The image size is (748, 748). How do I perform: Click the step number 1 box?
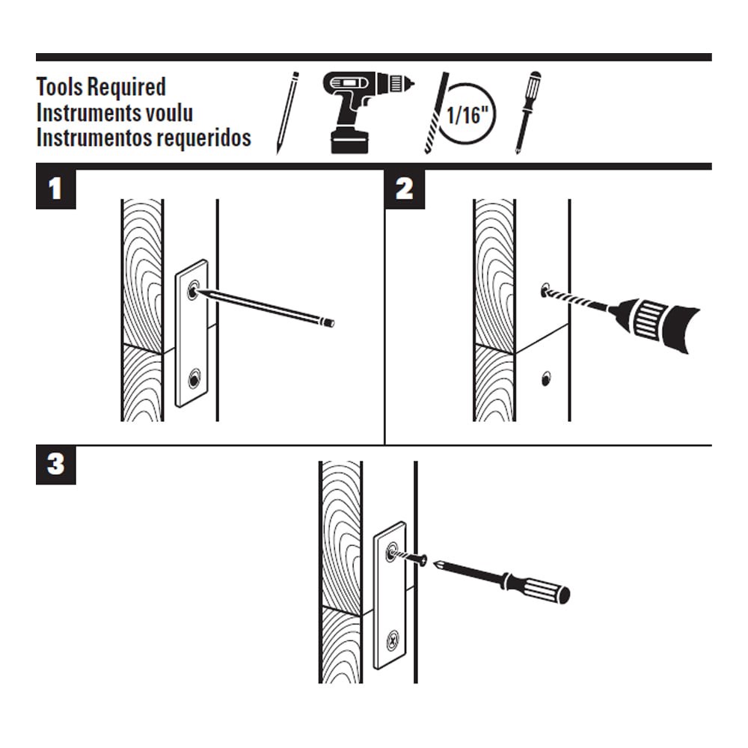[x=55, y=189]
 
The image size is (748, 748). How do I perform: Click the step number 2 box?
[x=404, y=189]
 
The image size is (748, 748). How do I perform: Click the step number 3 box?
[x=55, y=465]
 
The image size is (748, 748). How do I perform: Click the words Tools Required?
[x=101, y=87]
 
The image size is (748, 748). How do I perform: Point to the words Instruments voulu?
[x=114, y=113]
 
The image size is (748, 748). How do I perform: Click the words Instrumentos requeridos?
[x=144, y=138]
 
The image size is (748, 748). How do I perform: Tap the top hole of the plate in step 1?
[x=194, y=290]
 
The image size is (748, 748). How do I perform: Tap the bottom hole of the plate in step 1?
[x=194, y=379]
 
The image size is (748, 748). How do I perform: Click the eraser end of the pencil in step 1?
[x=329, y=323]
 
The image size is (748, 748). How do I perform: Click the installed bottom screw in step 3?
[x=392, y=641]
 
